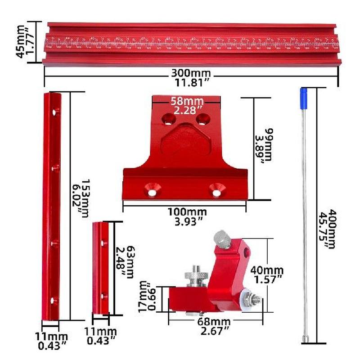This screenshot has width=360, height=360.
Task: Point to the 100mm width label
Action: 187,211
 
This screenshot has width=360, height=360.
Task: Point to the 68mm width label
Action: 214,322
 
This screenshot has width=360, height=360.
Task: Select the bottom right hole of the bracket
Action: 217,192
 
